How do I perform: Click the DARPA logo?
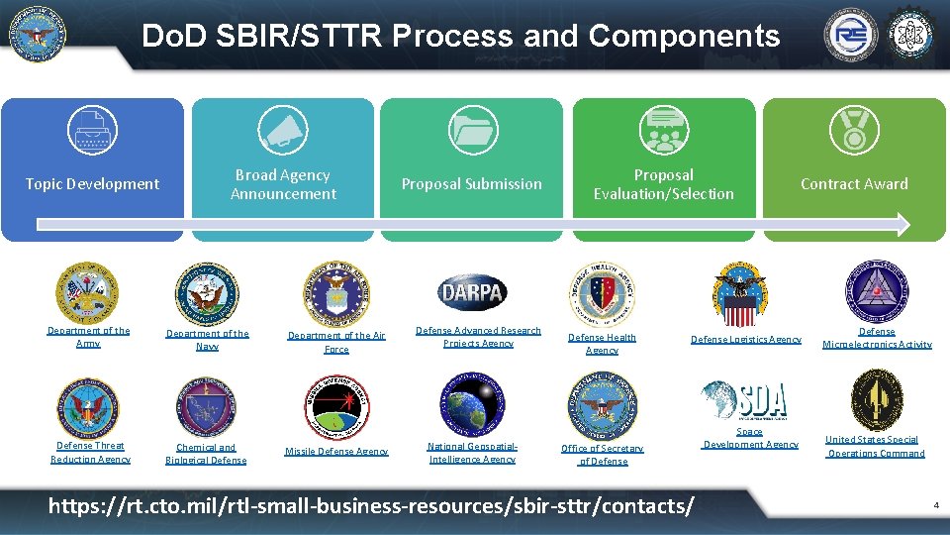(x=472, y=292)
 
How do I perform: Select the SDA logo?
(x=745, y=400)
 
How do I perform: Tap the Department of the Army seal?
(x=87, y=293)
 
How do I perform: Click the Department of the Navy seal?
(x=207, y=294)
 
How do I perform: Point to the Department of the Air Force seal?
(x=336, y=294)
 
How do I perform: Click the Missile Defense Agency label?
(x=336, y=452)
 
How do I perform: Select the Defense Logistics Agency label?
(x=745, y=340)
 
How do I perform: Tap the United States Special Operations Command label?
(x=876, y=447)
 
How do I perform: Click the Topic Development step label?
(x=92, y=183)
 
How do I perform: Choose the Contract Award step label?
(x=854, y=183)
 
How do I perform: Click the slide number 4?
(x=935, y=506)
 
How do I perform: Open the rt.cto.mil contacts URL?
(x=371, y=505)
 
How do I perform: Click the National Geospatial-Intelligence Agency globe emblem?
(x=472, y=404)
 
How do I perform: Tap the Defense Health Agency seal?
(x=602, y=294)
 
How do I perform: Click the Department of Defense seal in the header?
(x=37, y=35)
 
